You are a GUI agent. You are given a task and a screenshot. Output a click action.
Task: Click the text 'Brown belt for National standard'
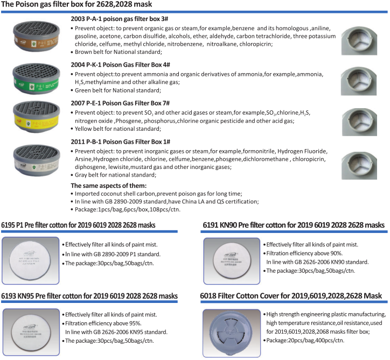pos(119,52)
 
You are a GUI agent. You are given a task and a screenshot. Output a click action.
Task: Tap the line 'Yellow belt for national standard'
pos(119,129)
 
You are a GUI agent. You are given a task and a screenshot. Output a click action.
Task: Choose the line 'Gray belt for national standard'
pos(116,175)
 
